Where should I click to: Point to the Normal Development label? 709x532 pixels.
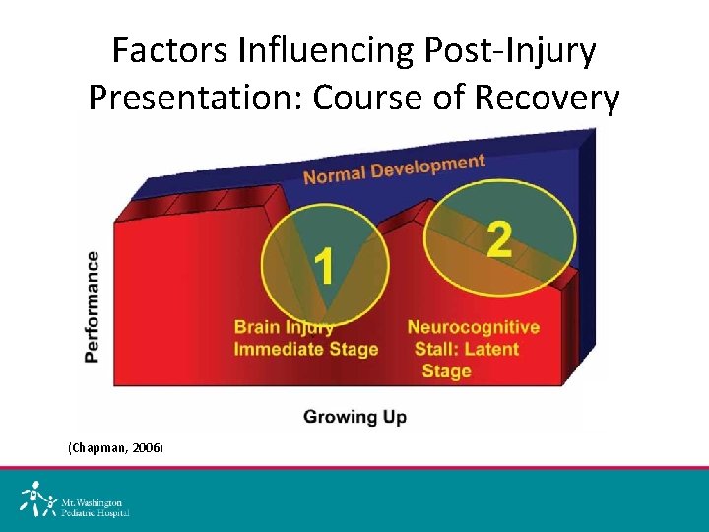[x=394, y=168]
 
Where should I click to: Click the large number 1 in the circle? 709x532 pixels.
[x=324, y=265]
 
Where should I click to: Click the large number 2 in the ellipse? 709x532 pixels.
[x=498, y=238]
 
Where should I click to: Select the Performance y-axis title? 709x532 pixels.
[x=92, y=306]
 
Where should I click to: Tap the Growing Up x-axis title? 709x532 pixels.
[x=354, y=416]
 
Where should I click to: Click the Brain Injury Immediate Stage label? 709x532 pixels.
[x=305, y=338]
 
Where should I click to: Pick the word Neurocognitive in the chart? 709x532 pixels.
[x=474, y=327]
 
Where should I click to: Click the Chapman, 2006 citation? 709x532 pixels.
[x=115, y=448]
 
